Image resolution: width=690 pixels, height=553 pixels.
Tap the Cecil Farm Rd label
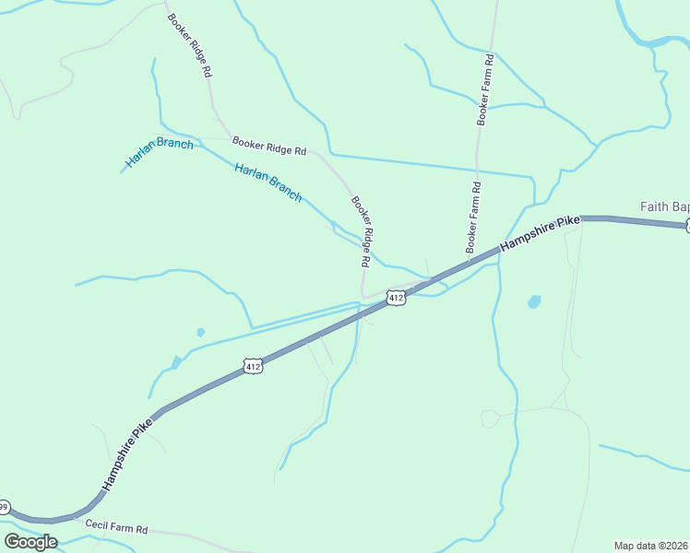pyautogui.click(x=116, y=528)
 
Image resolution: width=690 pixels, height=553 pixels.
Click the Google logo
pyautogui.click(x=30, y=541)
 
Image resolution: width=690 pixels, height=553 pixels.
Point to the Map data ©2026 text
pyautogui.click(x=651, y=545)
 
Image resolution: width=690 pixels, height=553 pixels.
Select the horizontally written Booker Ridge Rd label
pyautogui.click(x=269, y=146)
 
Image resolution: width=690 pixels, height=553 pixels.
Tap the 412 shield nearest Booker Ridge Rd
pyautogui.click(x=396, y=298)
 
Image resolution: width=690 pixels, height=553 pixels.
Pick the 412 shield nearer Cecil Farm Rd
pyautogui.click(x=254, y=367)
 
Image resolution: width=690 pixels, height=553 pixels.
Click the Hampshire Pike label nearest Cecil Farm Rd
pyautogui.click(x=126, y=453)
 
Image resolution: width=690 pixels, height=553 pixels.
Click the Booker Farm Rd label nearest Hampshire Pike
pyautogui.click(x=472, y=218)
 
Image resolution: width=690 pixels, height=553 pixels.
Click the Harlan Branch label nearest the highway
pyautogui.click(x=268, y=182)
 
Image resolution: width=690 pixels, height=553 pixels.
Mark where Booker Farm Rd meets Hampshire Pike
pyautogui.click(x=469, y=262)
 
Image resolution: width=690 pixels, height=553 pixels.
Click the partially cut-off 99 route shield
pyautogui.click(x=4, y=507)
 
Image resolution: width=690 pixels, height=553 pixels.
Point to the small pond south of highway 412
pyautogui.click(x=533, y=301)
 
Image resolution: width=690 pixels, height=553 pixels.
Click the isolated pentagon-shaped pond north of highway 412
pyautogui.click(x=200, y=332)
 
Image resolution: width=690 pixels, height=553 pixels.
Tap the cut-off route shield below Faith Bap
pyautogui.click(x=686, y=225)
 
